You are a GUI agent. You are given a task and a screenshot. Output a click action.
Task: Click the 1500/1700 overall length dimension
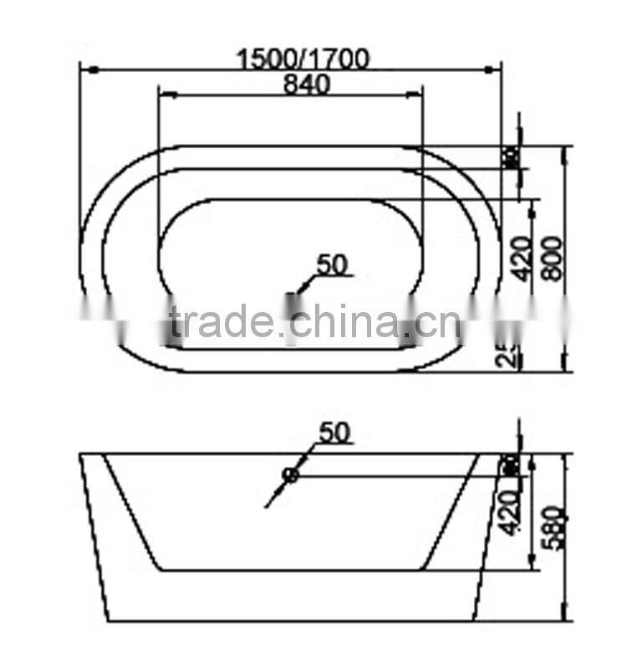tap(303, 59)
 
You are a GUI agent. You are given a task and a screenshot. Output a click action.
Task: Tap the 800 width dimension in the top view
tap(553, 260)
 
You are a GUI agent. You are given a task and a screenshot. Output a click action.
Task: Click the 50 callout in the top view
tap(332, 264)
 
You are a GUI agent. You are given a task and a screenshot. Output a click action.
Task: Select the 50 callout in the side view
tap(334, 433)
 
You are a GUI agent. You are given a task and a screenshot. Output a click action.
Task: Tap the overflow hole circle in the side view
tap(290, 475)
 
